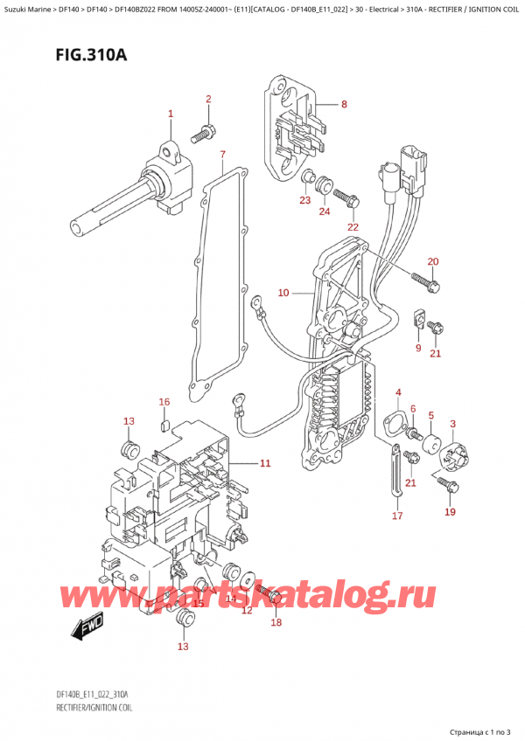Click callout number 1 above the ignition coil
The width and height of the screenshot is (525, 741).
tap(171, 114)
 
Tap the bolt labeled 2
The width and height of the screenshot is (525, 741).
tap(204, 133)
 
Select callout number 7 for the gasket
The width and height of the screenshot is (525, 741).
tap(223, 156)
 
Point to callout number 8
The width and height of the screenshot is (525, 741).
tap(344, 105)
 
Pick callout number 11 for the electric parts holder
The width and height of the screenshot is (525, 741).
tap(265, 462)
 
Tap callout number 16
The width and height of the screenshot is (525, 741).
tap(163, 402)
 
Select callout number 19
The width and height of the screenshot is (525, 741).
tap(450, 512)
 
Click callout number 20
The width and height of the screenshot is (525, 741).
tap(432, 262)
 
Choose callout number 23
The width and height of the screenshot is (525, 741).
tap(304, 202)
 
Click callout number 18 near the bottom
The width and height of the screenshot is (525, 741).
tap(276, 622)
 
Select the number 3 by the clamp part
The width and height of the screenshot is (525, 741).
tap(452, 424)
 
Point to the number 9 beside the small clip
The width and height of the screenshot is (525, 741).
tap(417, 349)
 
